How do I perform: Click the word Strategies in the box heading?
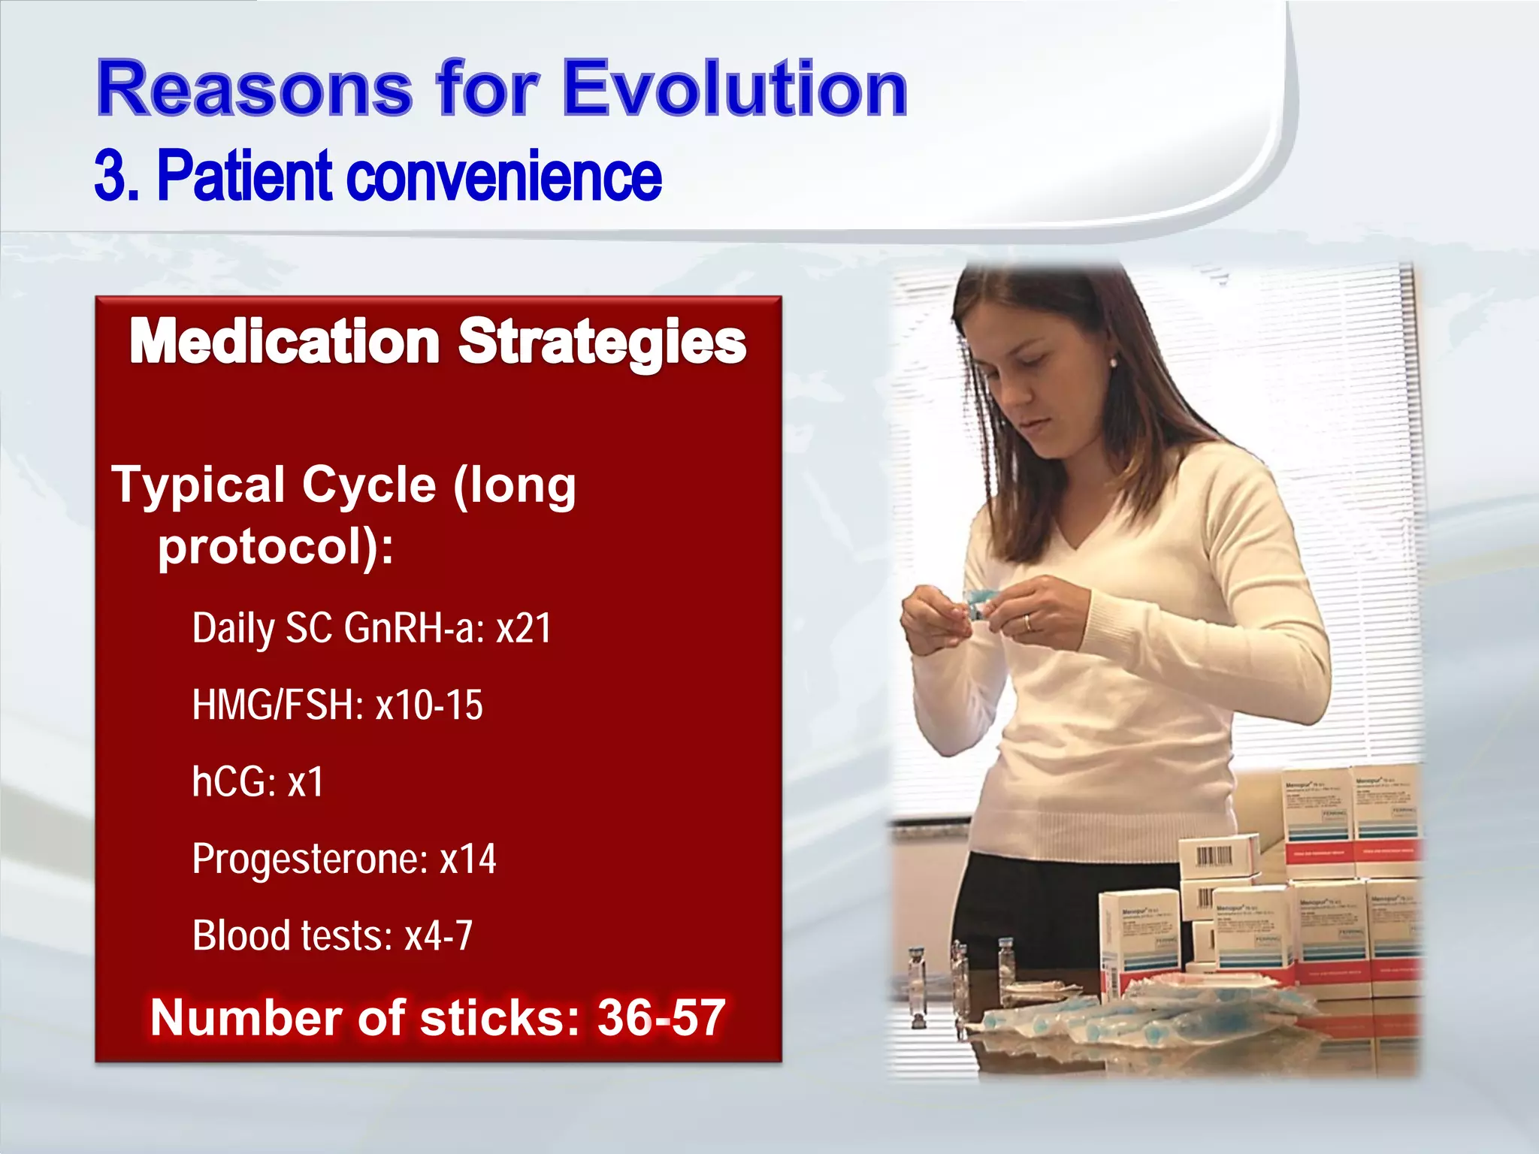click(602, 342)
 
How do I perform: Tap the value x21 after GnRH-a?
click(524, 628)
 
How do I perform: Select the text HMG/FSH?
click(277, 705)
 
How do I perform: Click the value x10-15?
click(429, 705)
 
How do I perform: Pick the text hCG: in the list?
click(234, 782)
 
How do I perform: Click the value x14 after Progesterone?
click(467, 859)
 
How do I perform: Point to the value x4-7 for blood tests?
click(438, 936)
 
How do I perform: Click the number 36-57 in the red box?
click(661, 1018)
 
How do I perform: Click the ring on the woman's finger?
click(1028, 622)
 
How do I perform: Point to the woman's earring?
click(1112, 363)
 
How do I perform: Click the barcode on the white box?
click(1213, 856)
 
